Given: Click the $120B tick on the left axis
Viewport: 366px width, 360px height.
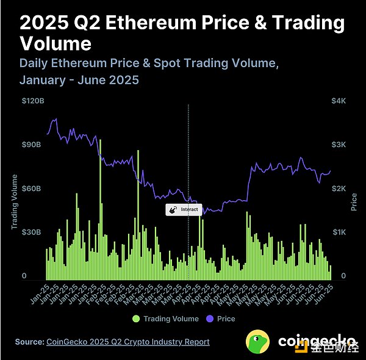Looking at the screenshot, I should [33, 101].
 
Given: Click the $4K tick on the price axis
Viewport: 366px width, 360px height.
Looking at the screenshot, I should [339, 101].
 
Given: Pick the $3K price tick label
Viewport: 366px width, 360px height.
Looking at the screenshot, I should [339, 145].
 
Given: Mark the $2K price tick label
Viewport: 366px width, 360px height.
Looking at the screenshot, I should [339, 189].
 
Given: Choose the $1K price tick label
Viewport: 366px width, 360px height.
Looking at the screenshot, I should [339, 232].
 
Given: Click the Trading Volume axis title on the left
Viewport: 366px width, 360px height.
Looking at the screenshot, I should [15, 201].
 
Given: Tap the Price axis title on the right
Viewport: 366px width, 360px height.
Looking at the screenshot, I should [354, 201].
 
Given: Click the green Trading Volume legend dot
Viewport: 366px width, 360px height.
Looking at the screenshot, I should [136, 319].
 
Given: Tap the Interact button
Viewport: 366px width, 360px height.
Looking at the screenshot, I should [184, 209].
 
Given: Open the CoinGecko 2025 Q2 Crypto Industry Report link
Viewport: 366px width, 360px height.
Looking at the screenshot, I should [128, 342].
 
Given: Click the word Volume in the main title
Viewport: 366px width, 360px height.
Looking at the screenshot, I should [56, 44].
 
